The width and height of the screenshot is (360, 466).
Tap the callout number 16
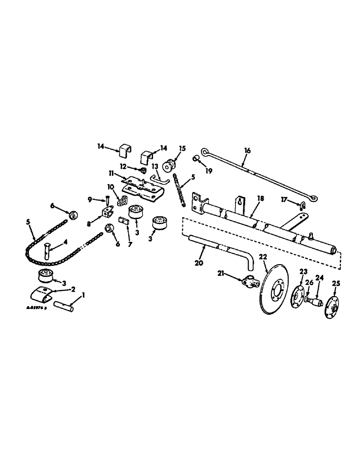[x=247, y=151]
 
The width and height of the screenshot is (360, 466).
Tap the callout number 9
[x=90, y=200]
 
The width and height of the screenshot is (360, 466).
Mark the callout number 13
[x=154, y=166]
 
